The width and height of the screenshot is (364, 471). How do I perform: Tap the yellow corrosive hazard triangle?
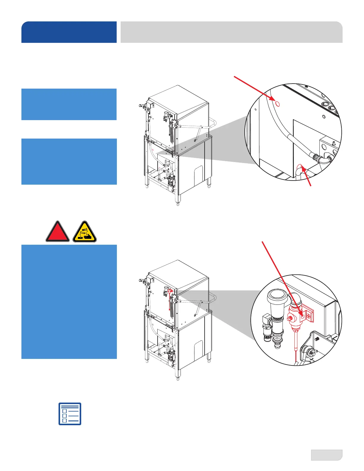pyautogui.click(x=85, y=232)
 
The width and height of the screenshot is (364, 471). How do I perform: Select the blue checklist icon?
pyautogui.click(x=70, y=414)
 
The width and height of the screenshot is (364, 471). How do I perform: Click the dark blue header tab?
pyautogui.click(x=69, y=32)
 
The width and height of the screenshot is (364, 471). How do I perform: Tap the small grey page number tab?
pyautogui.click(x=327, y=455)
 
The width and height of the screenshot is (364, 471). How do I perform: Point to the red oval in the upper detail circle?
pyautogui.click(x=277, y=103)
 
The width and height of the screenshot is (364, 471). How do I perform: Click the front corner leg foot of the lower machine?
pyautogui.click(x=178, y=378)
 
